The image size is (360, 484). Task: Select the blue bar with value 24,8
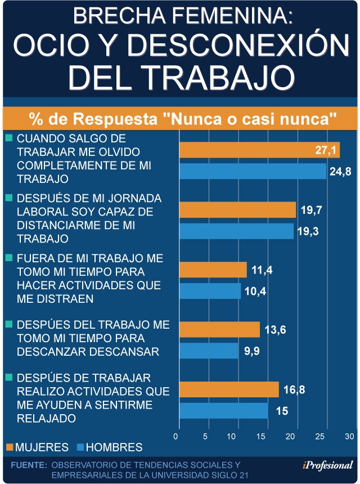pyautogui.click(x=253, y=172)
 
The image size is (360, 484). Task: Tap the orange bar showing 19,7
pyautogui.click(x=237, y=210)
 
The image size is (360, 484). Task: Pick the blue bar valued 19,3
pyautogui.click(x=236, y=231)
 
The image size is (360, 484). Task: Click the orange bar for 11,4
pyautogui.click(x=213, y=270)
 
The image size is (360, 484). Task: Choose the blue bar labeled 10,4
pyautogui.click(x=210, y=291)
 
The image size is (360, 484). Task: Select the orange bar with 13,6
pyautogui.click(x=219, y=330)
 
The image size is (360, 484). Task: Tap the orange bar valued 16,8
pyautogui.click(x=228, y=389)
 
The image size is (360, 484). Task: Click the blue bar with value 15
pyautogui.click(x=223, y=411)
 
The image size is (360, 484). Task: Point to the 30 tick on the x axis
pyautogui.click(x=349, y=437)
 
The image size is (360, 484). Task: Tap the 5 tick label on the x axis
pyautogui.click(x=206, y=437)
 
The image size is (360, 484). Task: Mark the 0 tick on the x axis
pyautogui.click(x=177, y=437)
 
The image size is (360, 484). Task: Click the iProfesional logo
pyautogui.click(x=327, y=465)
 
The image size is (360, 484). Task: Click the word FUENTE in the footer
pyautogui.click(x=28, y=465)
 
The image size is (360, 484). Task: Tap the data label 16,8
pyautogui.click(x=294, y=389)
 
